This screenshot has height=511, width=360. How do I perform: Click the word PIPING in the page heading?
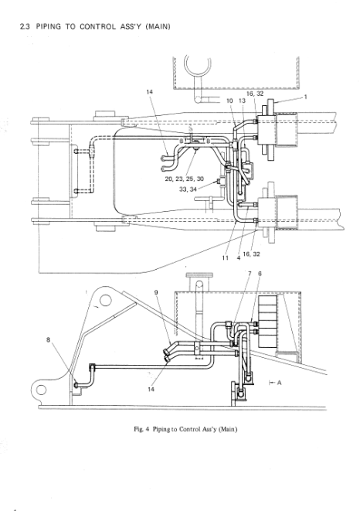49,27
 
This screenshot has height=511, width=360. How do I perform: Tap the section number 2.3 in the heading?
25,27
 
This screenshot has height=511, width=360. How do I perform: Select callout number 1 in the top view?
306,97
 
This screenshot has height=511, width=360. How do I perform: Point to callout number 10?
229,100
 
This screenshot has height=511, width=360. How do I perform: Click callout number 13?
242,100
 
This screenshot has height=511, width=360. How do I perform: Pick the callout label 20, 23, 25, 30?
185,179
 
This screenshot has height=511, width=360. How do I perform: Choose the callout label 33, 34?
188,189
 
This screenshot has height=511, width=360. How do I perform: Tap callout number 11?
226,257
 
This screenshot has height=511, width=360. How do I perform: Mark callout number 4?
239,257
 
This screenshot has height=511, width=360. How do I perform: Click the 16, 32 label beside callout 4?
252,254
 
